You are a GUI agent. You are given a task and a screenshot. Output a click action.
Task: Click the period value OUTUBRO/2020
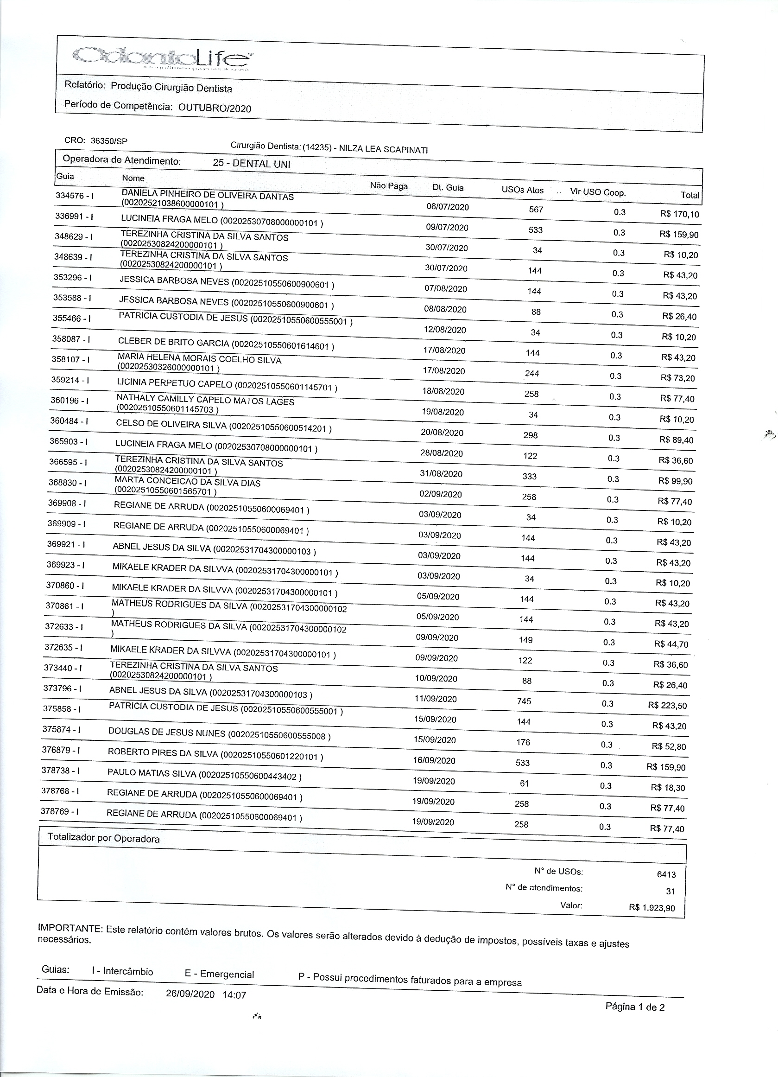pyautogui.click(x=215, y=108)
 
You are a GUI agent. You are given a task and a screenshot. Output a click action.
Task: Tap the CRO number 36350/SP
pyautogui.click(x=109, y=141)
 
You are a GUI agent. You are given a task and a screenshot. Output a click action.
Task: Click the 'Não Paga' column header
pyautogui.click(x=389, y=186)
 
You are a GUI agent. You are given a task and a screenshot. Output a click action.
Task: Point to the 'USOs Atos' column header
pyautogui.click(x=522, y=190)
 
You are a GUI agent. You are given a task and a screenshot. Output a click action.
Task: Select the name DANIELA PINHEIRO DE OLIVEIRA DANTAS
pyautogui.click(x=208, y=195)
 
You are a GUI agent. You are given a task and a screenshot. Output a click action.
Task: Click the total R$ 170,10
pyautogui.click(x=679, y=214)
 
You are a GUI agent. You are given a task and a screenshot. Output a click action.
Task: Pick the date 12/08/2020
pyautogui.click(x=444, y=330)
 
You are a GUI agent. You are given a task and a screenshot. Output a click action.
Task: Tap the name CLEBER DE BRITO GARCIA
pyautogui.click(x=173, y=342)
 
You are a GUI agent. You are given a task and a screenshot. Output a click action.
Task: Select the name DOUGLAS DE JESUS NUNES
pyautogui.click(x=167, y=732)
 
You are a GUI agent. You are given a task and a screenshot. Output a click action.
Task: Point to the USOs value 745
pyautogui.click(x=524, y=701)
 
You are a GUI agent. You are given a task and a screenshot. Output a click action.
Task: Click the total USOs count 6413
pyautogui.click(x=666, y=874)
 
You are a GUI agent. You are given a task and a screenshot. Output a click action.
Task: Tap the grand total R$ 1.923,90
pyautogui.click(x=652, y=908)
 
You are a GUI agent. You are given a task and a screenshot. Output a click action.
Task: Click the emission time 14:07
pyautogui.click(x=234, y=995)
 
